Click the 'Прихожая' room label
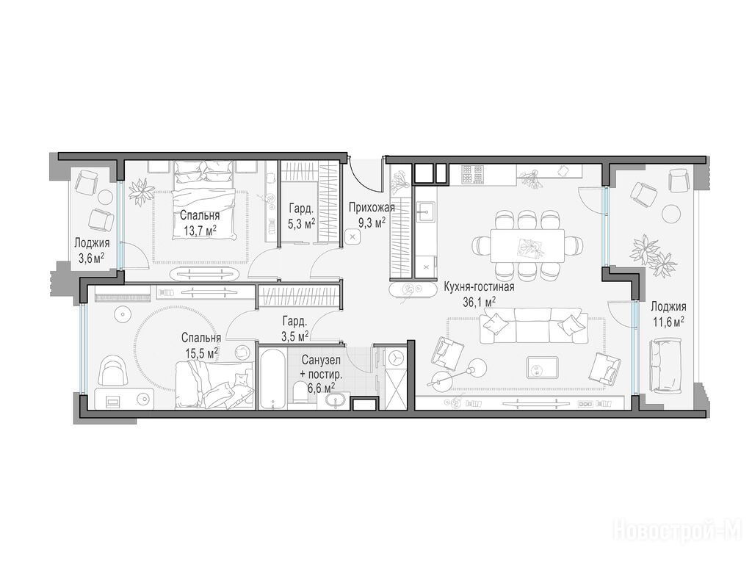(372, 208)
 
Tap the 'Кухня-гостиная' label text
(479, 287)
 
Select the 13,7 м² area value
(200, 231)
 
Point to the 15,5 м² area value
(203, 353)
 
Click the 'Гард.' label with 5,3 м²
(301, 208)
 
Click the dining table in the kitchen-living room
(527, 245)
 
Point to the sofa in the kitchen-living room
(535, 325)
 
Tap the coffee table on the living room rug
(542, 367)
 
